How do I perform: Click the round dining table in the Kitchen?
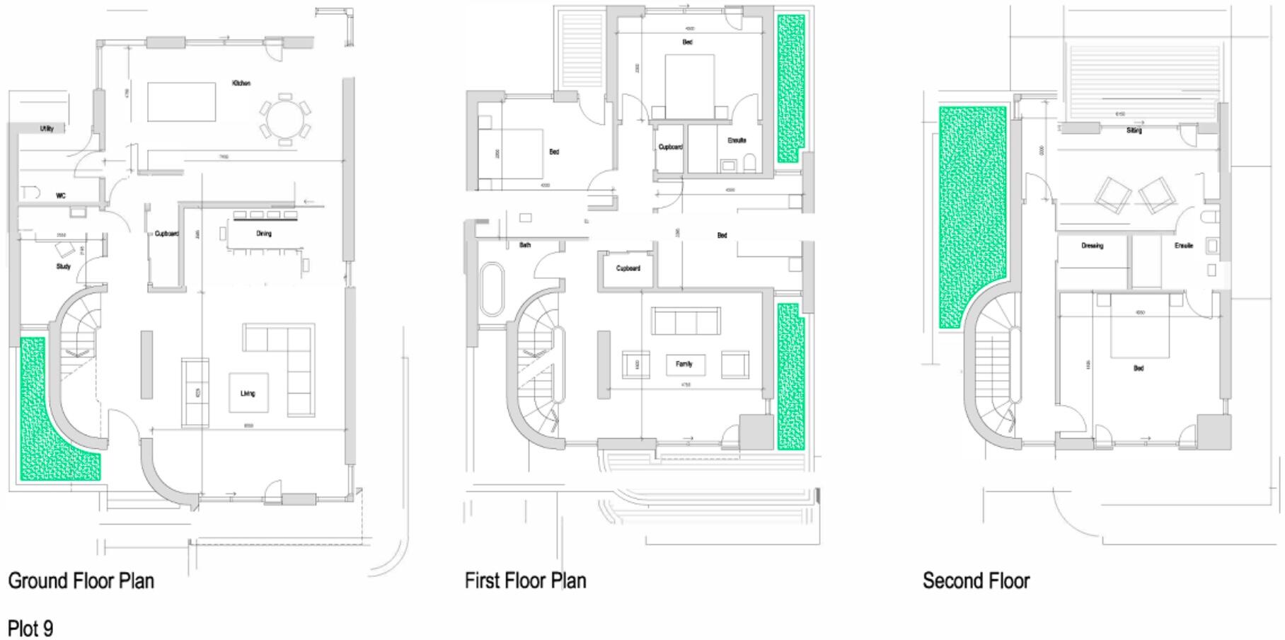tap(284, 120)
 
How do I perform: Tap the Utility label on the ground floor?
tap(47, 128)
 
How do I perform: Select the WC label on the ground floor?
tap(61, 195)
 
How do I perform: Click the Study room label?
tap(64, 266)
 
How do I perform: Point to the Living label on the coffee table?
tap(248, 393)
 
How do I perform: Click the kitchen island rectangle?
tap(181, 102)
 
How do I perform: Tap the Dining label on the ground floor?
tap(264, 233)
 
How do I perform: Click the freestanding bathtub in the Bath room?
tap(491, 290)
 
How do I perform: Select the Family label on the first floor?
tap(684, 364)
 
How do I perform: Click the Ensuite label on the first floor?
tap(737, 140)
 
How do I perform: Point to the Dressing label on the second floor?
tap(1092, 246)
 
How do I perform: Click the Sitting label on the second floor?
tap(1134, 130)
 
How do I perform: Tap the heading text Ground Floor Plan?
tap(81, 581)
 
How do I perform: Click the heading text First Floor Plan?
tap(525, 581)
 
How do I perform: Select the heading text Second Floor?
tap(976, 581)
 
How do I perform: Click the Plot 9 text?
tap(30, 628)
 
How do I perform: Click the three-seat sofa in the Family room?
tap(686, 321)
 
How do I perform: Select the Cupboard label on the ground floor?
tap(167, 233)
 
